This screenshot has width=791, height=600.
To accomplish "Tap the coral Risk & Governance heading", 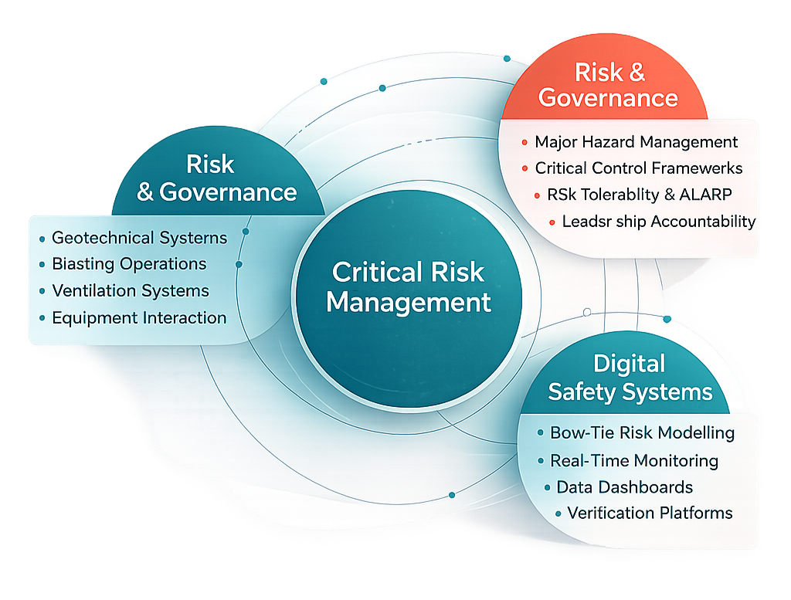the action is tap(609, 85).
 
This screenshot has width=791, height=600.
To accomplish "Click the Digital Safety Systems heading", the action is tap(630, 378).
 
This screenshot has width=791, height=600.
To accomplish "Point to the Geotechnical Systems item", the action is tap(139, 238).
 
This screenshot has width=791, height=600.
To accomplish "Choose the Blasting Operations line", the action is tap(129, 264).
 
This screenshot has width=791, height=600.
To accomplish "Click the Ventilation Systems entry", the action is tap(131, 291).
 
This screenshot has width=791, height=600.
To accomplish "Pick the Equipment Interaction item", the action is tap(139, 317).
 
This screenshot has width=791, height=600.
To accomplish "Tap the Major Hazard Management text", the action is tap(636, 142).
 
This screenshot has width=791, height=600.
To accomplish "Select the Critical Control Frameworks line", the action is tap(638, 168).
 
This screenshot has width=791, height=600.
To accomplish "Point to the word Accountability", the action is tap(703, 222).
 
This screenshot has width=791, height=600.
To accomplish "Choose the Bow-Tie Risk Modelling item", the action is tap(642, 433).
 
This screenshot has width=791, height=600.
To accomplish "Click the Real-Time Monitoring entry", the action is tap(633, 461).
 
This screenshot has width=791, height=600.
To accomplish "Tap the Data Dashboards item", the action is tap(624, 487).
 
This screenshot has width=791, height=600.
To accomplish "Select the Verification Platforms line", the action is tap(650, 513).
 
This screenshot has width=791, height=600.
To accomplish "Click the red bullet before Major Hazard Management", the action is tap(525, 142).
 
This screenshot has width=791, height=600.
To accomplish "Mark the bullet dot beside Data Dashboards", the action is tap(546, 488).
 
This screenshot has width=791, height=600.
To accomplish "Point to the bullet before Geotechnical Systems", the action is tap(42, 238).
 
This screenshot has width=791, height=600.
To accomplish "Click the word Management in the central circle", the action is tap(408, 302).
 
